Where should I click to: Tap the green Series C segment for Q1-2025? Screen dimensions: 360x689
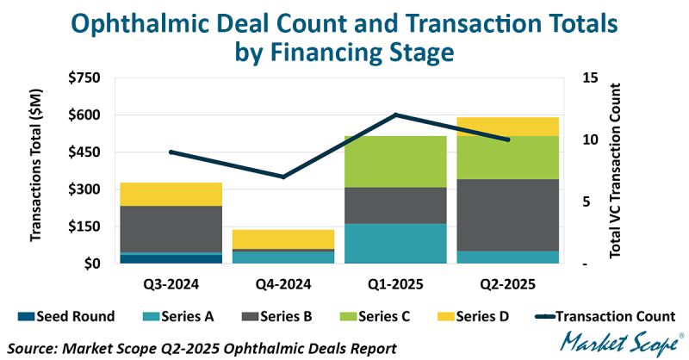tap(395, 161)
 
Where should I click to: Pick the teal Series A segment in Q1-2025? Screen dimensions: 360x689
tap(395, 243)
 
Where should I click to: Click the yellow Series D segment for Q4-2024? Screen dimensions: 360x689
tap(271, 239)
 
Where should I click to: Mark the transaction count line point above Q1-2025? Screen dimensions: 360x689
tap(395, 115)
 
